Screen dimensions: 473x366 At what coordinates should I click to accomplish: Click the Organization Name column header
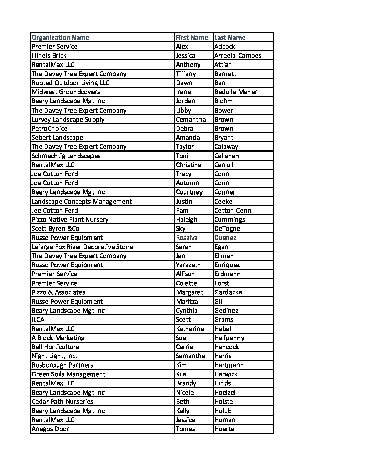click(61, 37)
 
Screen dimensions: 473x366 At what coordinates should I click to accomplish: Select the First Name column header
click(192, 37)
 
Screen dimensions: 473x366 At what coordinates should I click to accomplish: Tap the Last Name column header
click(230, 37)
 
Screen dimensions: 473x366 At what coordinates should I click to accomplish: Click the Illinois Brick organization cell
click(49, 55)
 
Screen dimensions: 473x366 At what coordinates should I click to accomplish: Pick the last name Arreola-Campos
click(238, 55)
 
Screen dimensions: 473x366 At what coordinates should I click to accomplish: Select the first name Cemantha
click(191, 119)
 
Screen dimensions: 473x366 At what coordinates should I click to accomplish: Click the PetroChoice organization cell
click(49, 128)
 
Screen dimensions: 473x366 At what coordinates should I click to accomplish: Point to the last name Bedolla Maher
click(235, 92)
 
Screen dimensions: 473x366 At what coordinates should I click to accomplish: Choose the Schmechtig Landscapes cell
click(66, 156)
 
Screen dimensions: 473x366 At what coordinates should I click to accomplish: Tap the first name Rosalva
click(187, 238)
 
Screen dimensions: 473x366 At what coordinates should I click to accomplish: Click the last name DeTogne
click(227, 228)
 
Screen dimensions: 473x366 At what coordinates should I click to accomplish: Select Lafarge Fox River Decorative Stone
click(82, 247)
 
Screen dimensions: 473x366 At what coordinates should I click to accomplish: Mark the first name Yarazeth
click(188, 265)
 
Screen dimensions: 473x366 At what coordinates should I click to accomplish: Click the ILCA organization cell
click(38, 319)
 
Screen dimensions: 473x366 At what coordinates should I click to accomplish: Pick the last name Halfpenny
click(229, 338)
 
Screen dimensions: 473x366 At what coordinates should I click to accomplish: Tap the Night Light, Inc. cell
click(54, 356)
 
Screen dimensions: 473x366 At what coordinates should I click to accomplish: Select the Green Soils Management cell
click(69, 374)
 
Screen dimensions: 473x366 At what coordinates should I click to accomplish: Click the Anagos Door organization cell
click(50, 429)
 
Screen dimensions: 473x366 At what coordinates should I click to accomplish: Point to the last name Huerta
click(224, 429)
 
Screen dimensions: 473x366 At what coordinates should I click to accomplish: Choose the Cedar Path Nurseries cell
click(63, 401)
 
